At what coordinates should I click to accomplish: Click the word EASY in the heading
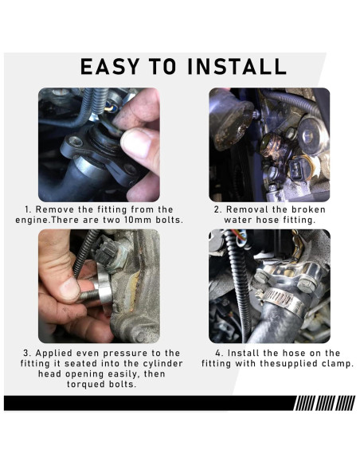110,66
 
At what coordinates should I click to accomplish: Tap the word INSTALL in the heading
237,66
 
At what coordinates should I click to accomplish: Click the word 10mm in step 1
136,220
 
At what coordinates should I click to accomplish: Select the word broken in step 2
308,209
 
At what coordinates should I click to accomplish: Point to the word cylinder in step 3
162,364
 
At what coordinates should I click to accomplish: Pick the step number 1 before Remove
28,209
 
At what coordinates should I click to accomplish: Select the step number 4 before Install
219,354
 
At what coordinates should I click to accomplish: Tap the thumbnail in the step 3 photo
69,287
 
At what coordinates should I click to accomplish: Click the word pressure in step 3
123,354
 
